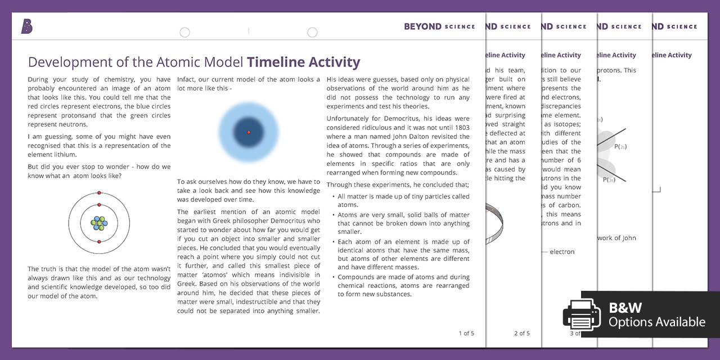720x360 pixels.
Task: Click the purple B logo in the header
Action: [26, 26]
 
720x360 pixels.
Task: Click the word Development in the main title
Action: [62, 62]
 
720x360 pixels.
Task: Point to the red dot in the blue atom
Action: [249, 133]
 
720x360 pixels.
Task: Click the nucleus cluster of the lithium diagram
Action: [99, 223]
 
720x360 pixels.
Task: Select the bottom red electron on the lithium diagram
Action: [99, 242]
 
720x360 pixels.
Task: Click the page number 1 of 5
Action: [466, 333]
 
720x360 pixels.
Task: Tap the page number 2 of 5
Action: [521, 333]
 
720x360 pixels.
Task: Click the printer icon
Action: [582, 314]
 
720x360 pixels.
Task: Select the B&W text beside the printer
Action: [625, 308]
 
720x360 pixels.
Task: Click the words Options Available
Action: [656, 322]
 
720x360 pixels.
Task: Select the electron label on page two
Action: [562, 251]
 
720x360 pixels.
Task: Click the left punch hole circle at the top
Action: [184, 33]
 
